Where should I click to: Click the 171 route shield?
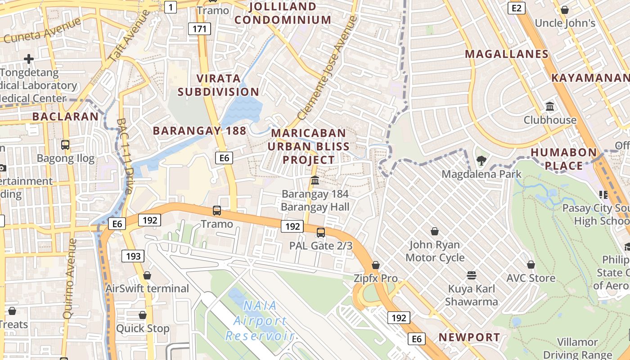[x=199, y=29]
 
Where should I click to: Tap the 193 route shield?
[x=133, y=256]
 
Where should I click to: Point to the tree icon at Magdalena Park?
[x=481, y=160]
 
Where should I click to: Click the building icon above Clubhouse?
[x=550, y=107]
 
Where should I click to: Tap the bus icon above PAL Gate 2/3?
[x=320, y=232]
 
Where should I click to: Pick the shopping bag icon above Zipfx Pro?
[x=376, y=265]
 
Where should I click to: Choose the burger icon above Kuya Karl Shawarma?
[x=472, y=275]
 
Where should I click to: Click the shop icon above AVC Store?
[x=531, y=265]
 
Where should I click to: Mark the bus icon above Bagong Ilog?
[x=65, y=144]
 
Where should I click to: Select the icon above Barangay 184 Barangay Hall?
[x=315, y=180]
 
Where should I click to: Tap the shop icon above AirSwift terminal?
[x=147, y=275]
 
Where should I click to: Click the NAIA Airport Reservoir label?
[x=260, y=321]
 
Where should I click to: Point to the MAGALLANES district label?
[x=507, y=54]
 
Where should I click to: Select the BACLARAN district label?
[x=65, y=117]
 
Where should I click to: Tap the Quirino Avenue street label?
[x=71, y=279]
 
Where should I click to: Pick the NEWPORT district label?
[x=469, y=337]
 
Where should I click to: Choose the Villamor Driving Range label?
[x=577, y=348]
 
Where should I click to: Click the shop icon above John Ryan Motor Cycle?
[x=435, y=231]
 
